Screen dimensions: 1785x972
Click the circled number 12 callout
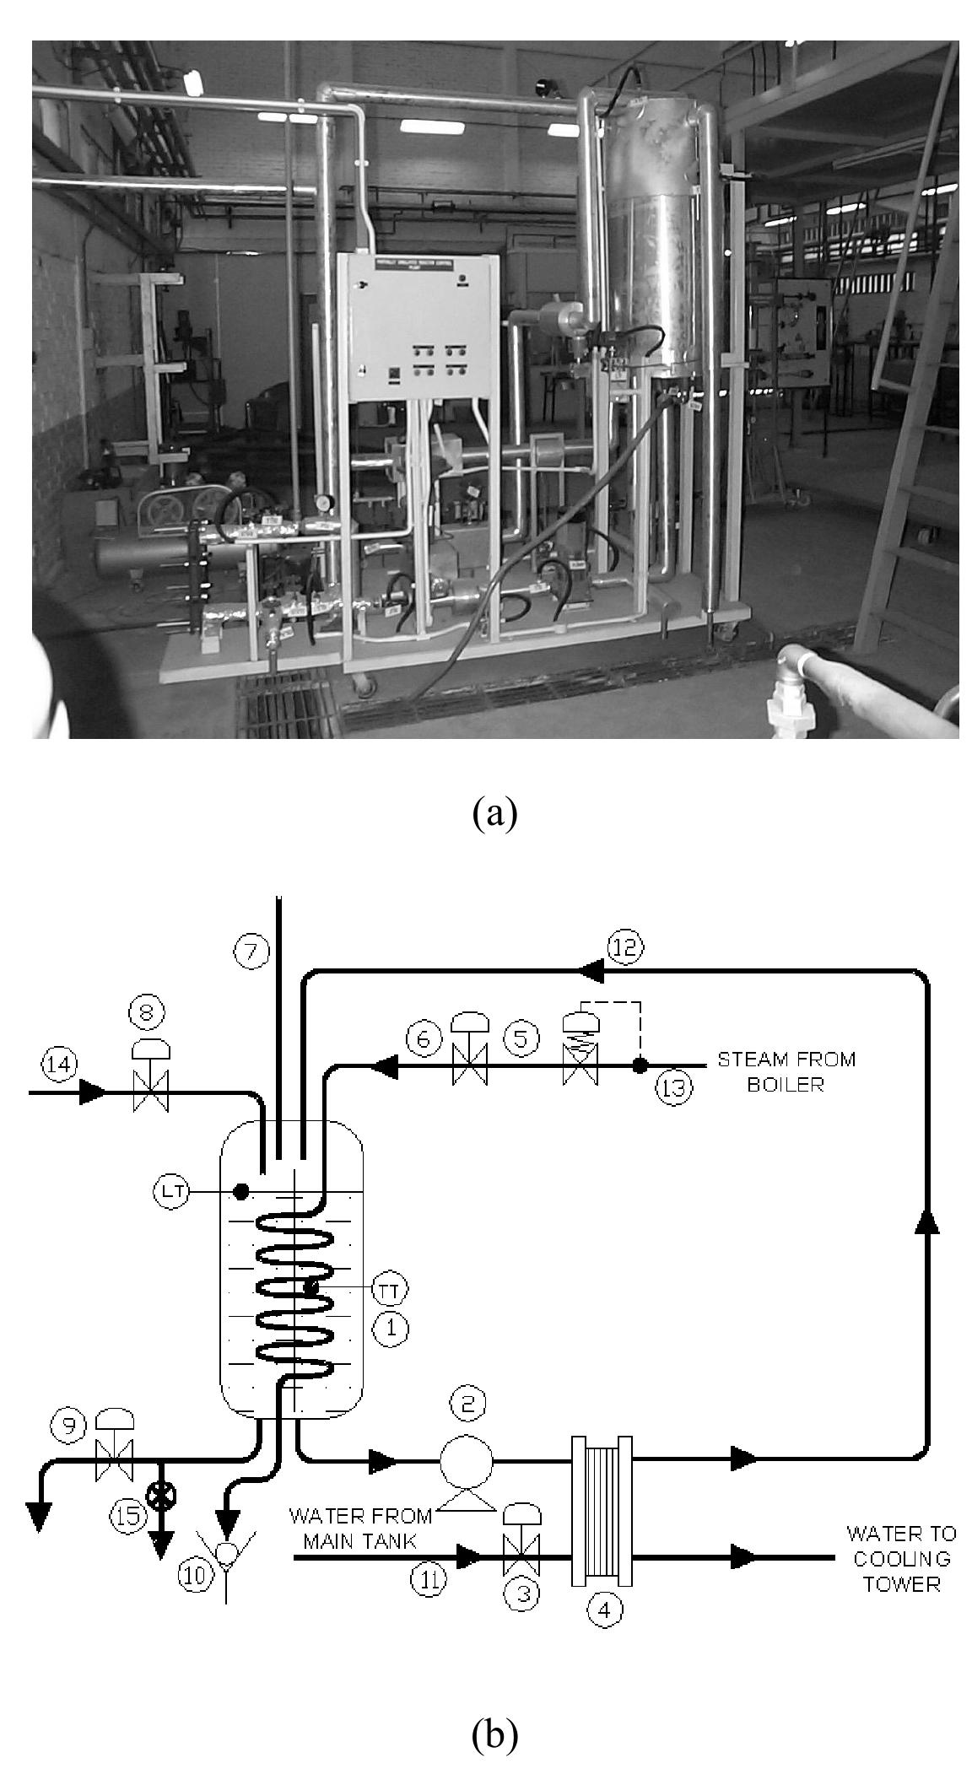coord(625,947)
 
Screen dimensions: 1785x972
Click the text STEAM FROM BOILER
coord(786,1071)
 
